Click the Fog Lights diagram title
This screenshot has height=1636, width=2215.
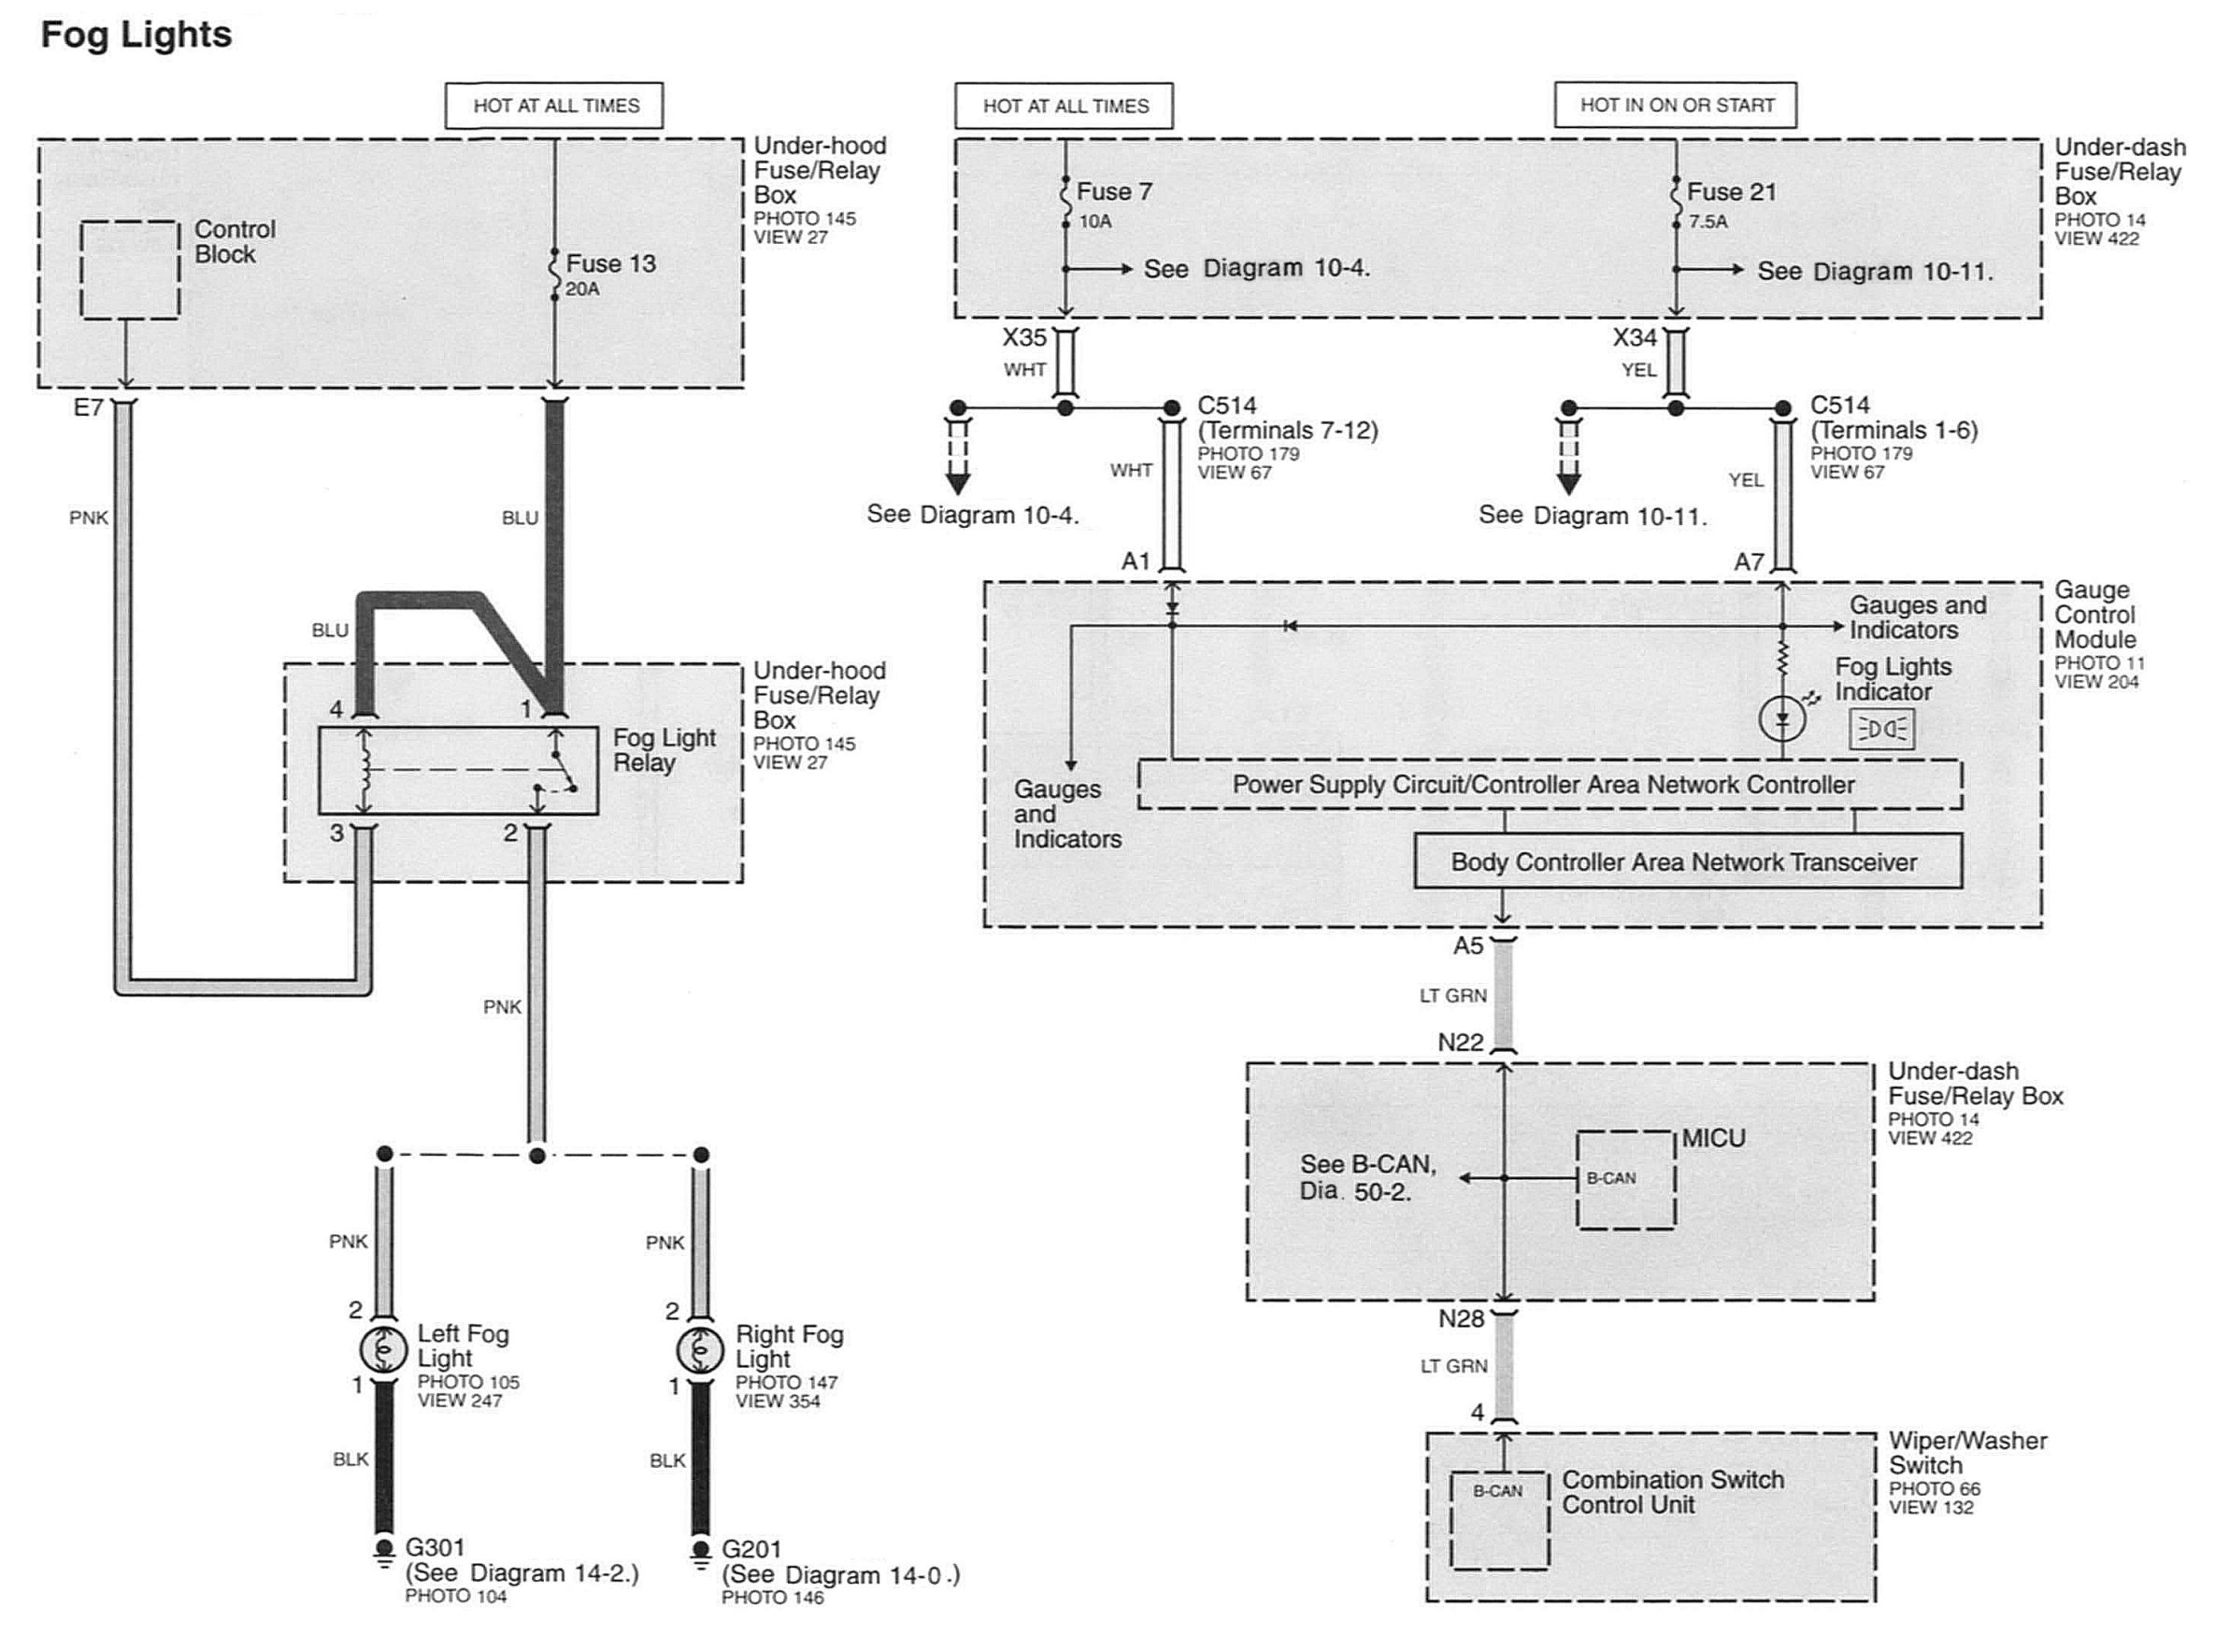tap(136, 35)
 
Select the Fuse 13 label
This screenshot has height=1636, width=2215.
tap(610, 263)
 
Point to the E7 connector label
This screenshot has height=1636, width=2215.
tap(88, 407)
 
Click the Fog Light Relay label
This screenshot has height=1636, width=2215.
tap(664, 749)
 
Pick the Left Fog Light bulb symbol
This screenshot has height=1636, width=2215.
tap(384, 1348)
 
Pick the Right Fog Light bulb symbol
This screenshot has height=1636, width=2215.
tap(700, 1349)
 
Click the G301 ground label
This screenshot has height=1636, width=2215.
tap(435, 1547)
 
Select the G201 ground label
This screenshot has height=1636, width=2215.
tap(751, 1549)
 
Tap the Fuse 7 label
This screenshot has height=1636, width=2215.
tap(1114, 192)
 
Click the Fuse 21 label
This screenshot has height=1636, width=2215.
tap(1732, 192)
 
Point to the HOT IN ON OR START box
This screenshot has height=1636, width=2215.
tap(1675, 105)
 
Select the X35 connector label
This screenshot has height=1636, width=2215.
tap(1024, 337)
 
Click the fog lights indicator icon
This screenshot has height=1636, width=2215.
tap(1882, 730)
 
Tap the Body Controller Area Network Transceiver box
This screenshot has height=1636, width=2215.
tap(1688, 861)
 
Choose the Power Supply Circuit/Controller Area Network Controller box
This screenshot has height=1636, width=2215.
tap(1550, 784)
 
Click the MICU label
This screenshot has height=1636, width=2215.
tap(1714, 1138)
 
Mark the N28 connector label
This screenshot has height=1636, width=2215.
tap(1461, 1319)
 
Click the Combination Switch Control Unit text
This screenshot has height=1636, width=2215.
tap(1673, 1492)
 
